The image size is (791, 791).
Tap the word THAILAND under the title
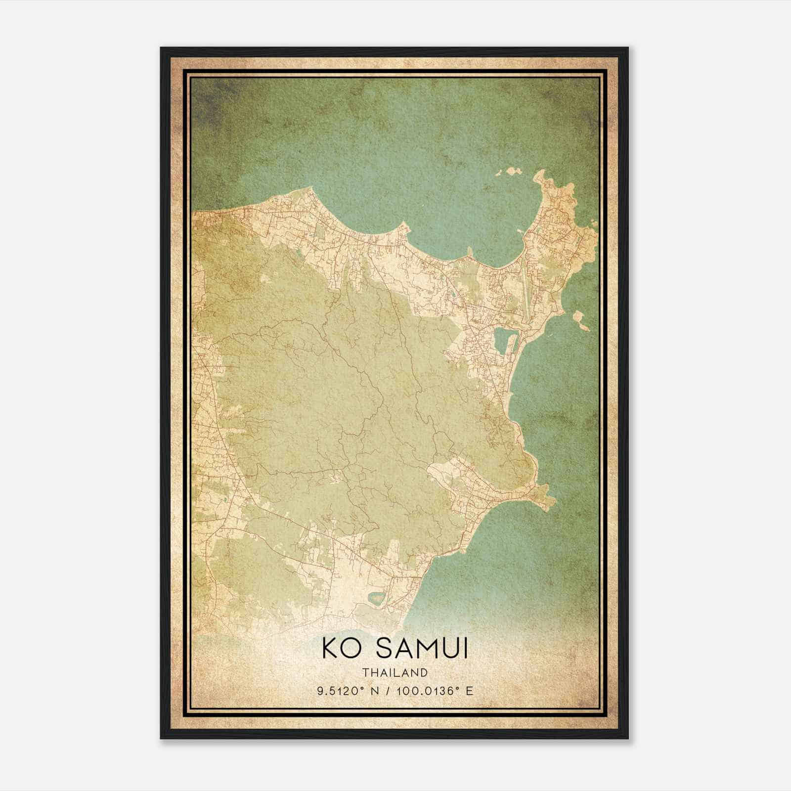click(x=395, y=672)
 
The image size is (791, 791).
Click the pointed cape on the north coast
click(x=404, y=224)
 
